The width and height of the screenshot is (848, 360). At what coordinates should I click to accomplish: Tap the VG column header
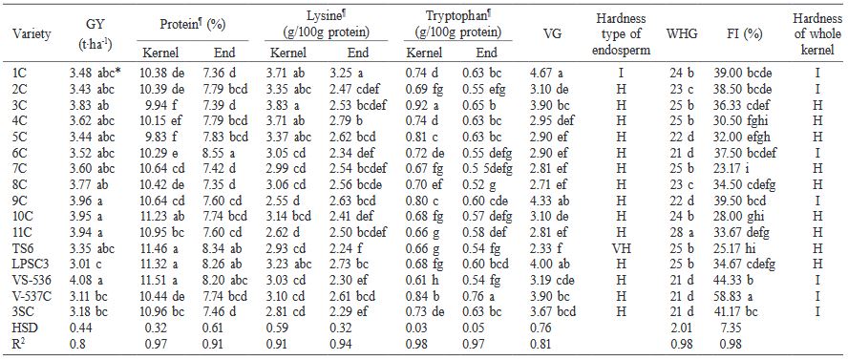click(551, 34)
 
